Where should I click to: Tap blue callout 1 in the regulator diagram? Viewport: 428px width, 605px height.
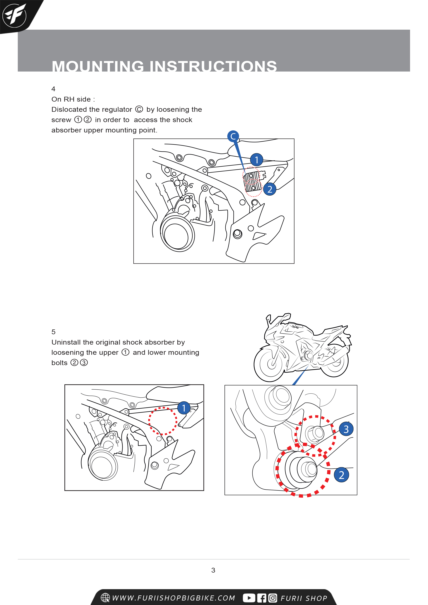pyautogui.click(x=256, y=160)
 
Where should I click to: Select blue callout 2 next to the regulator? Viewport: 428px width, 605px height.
pyautogui.click(x=270, y=189)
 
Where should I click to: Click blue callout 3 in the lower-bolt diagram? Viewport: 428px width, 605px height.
pyautogui.click(x=346, y=429)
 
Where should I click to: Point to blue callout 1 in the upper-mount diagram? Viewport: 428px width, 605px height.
pyautogui.click(x=184, y=408)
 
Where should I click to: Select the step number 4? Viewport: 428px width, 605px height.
pyautogui.click(x=53, y=89)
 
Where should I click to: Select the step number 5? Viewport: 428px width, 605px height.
pyautogui.click(x=53, y=332)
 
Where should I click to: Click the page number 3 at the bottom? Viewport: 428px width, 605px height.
pyautogui.click(x=213, y=570)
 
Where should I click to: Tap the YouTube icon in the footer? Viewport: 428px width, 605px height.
pyautogui.click(x=249, y=598)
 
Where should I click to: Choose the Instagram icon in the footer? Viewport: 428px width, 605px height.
pyautogui.click(x=273, y=598)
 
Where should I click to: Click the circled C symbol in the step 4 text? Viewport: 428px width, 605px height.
pyautogui.click(x=139, y=109)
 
